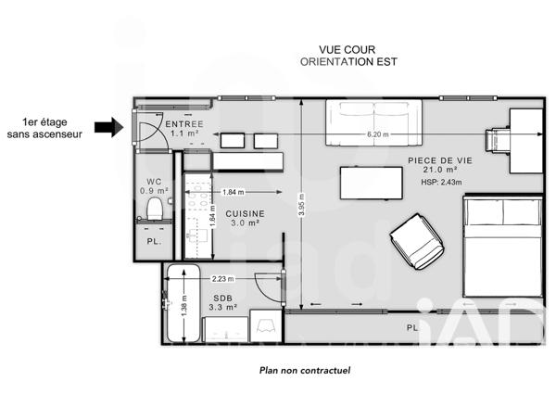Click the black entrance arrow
[x=109, y=128]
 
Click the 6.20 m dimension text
[x=378, y=135]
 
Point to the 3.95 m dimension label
[x=301, y=205]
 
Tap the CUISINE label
[x=244, y=212]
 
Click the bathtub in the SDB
[x=181, y=304]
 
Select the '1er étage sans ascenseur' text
[x=44, y=128]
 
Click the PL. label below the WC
[x=154, y=242]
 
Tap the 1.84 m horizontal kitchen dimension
[x=234, y=193]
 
